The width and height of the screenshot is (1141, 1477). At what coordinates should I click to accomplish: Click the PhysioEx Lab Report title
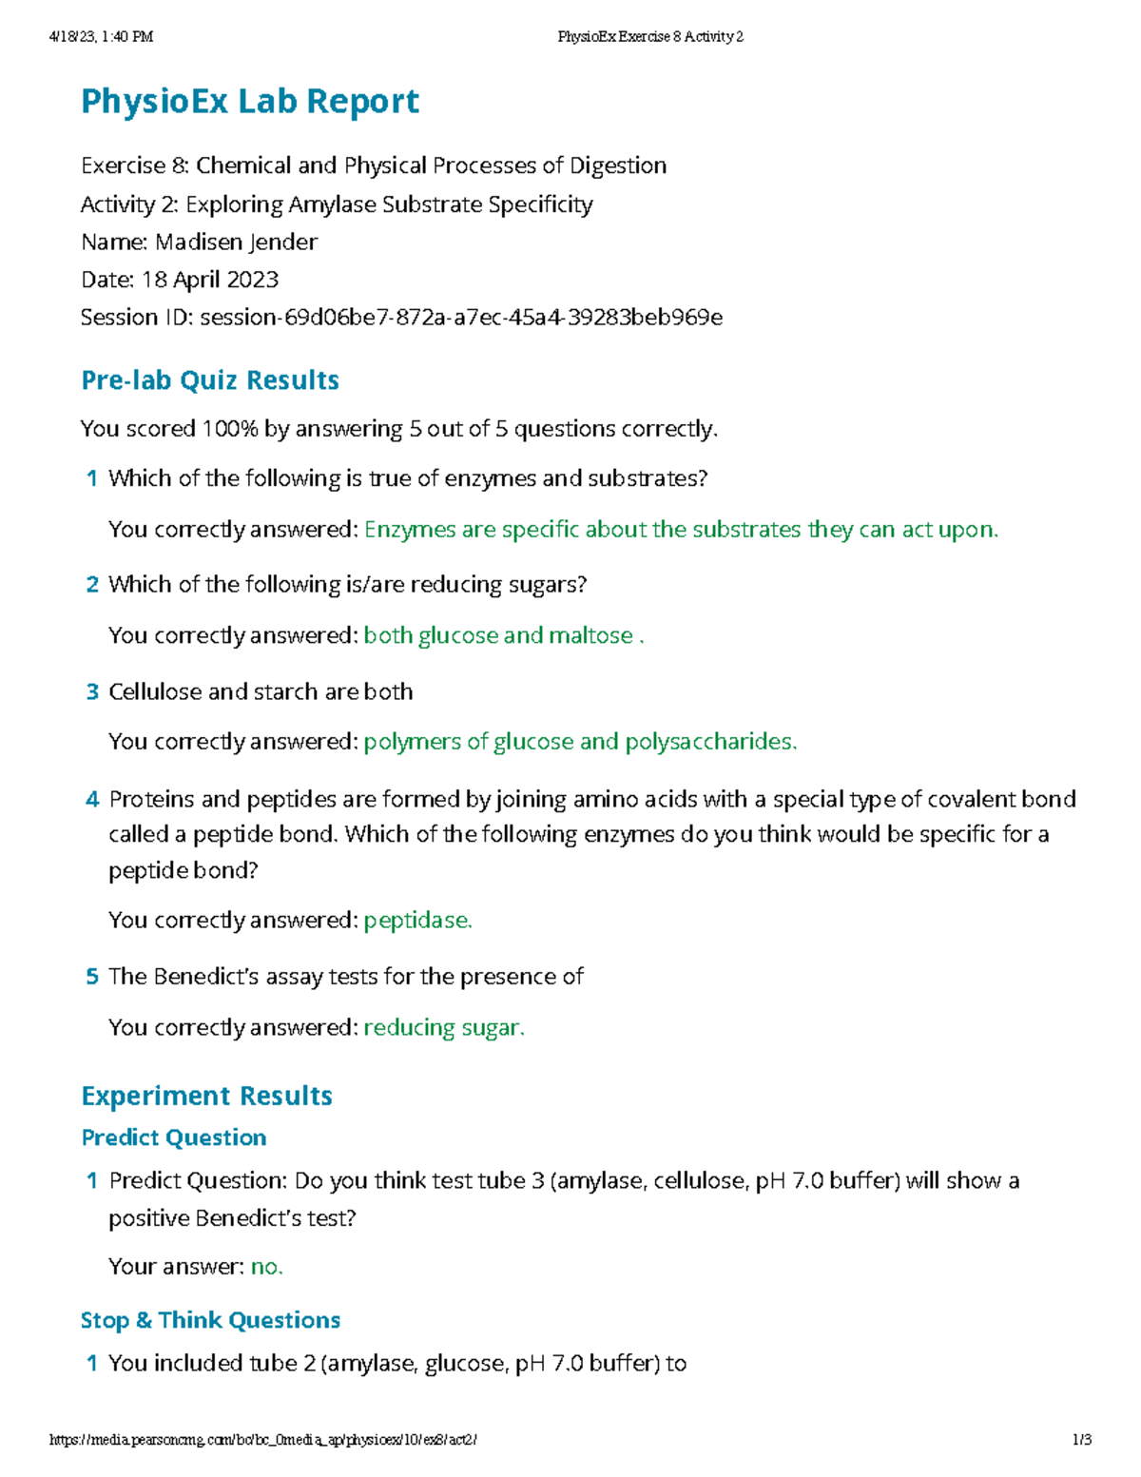pyautogui.click(x=250, y=102)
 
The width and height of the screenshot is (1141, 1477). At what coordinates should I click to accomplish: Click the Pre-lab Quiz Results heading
pyautogui.click(x=210, y=380)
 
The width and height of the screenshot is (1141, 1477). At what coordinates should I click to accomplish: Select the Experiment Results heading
pyautogui.click(x=206, y=1096)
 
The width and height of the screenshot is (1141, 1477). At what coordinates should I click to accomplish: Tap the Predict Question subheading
pyautogui.click(x=173, y=1137)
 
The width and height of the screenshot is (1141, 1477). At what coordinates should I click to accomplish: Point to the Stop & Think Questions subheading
pyautogui.click(x=210, y=1320)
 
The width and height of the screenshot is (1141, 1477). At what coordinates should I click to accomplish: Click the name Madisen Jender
pyautogui.click(x=236, y=243)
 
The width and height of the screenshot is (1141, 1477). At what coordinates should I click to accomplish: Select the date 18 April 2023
pyautogui.click(x=210, y=280)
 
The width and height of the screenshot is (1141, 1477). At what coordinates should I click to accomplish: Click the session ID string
pyautogui.click(x=461, y=318)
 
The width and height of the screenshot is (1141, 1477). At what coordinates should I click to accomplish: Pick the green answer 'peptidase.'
pyautogui.click(x=417, y=921)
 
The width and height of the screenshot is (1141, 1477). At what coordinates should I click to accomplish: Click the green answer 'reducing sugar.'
pyautogui.click(x=444, y=1028)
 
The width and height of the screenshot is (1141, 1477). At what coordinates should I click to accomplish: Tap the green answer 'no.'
pyautogui.click(x=266, y=1267)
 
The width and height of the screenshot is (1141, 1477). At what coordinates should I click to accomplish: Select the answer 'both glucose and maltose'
pyautogui.click(x=498, y=635)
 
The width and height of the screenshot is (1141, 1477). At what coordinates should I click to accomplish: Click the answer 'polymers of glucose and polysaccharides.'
pyautogui.click(x=580, y=742)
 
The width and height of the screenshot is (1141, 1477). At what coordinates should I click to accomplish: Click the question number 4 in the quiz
pyautogui.click(x=92, y=800)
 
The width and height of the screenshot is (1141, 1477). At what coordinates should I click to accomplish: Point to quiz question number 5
pyautogui.click(x=92, y=977)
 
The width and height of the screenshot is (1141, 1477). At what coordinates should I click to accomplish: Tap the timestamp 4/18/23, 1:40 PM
pyautogui.click(x=101, y=37)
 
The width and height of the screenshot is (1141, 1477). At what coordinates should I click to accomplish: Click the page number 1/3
pyautogui.click(x=1081, y=1440)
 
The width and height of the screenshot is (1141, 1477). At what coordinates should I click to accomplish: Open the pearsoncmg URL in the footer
pyautogui.click(x=262, y=1440)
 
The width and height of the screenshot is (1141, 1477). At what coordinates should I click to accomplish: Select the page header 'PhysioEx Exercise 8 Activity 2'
pyautogui.click(x=650, y=37)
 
